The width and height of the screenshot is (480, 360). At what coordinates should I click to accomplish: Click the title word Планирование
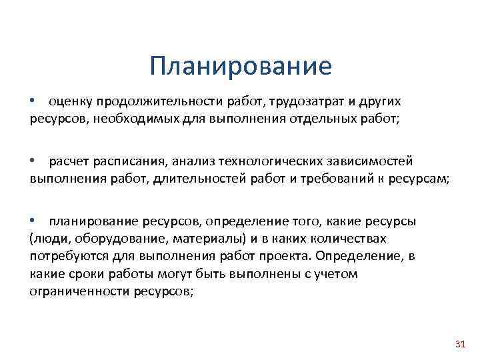click(x=240, y=67)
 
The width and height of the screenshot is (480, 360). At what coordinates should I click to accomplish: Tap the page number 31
click(x=458, y=344)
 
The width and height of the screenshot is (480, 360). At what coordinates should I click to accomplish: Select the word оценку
click(x=69, y=101)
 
